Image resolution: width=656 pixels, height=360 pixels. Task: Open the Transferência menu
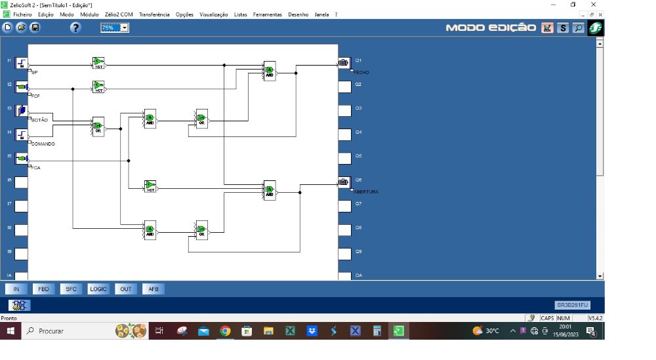coord(154,14)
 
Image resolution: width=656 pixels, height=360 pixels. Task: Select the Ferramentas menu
coord(267,14)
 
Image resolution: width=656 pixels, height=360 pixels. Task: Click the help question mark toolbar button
coord(75,28)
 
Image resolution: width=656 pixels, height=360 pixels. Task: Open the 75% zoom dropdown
coord(125,28)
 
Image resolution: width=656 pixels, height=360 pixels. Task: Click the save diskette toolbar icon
coord(35,28)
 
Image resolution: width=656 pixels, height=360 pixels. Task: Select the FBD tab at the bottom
coord(43,289)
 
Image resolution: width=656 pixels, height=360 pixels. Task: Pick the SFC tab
coord(71,289)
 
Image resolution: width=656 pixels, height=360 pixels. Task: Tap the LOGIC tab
coord(98,289)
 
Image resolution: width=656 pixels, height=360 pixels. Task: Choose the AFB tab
coord(154,289)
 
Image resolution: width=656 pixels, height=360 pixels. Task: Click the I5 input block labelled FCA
coord(22,159)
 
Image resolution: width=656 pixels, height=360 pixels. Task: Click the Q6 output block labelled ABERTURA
coord(344,182)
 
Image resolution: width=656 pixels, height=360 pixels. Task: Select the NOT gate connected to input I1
coord(98,64)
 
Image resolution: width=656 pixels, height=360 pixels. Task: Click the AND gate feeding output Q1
coord(269,71)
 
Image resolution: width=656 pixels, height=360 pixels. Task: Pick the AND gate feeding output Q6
coord(269,190)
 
